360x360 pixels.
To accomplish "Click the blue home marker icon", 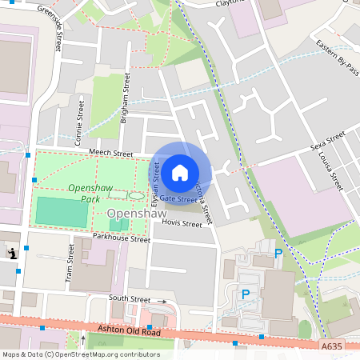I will click(x=180, y=172).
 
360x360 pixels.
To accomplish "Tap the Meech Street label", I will click(x=110, y=153).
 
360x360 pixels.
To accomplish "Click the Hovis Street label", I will click(x=181, y=225).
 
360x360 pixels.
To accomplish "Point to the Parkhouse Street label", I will click(x=121, y=238).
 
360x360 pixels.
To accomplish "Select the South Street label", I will click(x=130, y=298).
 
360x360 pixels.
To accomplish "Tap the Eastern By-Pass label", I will click(x=337, y=57).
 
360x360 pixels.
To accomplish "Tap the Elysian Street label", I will click(x=156, y=182).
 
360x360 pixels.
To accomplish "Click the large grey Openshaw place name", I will click(x=138, y=214).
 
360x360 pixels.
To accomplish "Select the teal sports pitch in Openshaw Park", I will click(x=62, y=212).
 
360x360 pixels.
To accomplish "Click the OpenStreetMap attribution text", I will click(x=80, y=354).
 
